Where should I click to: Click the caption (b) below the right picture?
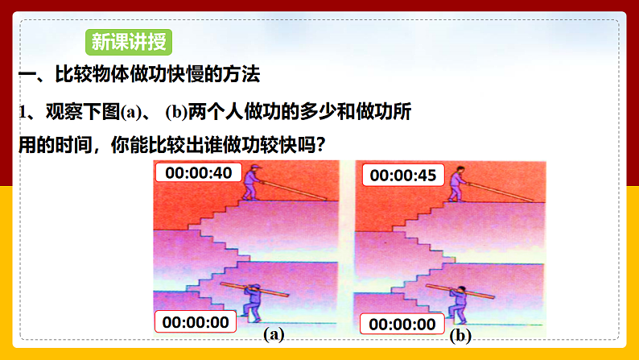[x=460, y=337]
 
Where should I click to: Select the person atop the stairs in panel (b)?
[x=456, y=184]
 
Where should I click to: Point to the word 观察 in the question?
[x=64, y=113]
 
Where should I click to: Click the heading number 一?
[x=29, y=76]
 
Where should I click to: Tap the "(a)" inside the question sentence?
[x=131, y=113]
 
